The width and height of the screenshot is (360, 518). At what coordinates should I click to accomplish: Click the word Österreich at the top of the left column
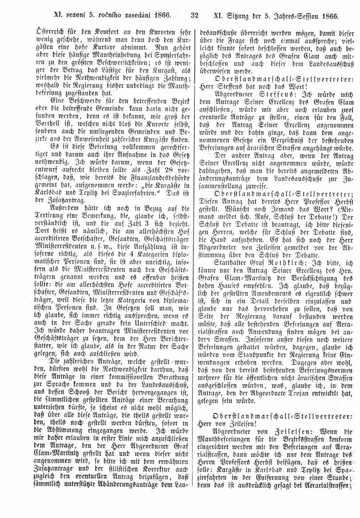coord(41,28)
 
